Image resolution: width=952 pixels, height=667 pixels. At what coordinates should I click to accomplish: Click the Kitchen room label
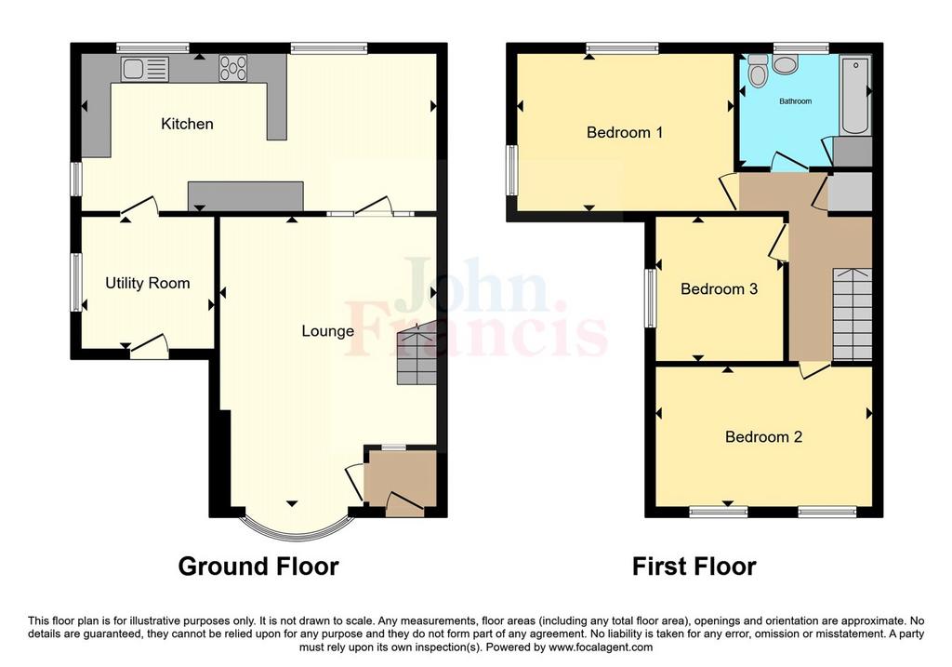click(187, 124)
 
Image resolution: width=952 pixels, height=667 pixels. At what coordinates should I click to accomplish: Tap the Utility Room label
click(148, 283)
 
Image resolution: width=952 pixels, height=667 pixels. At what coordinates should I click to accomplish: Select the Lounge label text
click(328, 331)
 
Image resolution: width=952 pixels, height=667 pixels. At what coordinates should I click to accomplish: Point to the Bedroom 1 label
click(624, 132)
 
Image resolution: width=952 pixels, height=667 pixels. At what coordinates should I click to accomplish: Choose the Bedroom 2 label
click(764, 437)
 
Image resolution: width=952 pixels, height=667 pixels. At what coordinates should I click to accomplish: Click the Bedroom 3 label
click(719, 289)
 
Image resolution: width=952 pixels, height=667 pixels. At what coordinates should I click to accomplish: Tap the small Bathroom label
click(796, 101)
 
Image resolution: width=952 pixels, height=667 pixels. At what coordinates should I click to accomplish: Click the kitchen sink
click(144, 69)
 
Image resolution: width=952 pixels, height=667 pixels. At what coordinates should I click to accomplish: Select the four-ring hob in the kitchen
click(233, 68)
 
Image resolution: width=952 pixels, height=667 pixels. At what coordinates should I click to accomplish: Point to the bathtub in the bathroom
click(855, 96)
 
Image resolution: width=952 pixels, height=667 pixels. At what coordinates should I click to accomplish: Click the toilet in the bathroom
click(758, 71)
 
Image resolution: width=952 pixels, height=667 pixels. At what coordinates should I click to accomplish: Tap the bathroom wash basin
click(787, 64)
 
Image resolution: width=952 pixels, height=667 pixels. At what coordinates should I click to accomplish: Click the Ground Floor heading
click(258, 567)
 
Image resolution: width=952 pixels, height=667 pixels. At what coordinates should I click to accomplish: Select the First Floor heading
click(694, 567)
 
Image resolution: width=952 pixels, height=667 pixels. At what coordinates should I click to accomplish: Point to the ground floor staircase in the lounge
click(417, 353)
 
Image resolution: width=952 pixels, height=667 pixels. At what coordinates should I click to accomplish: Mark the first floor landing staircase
click(852, 314)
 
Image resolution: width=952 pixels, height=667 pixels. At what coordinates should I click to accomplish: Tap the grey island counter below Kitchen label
click(245, 195)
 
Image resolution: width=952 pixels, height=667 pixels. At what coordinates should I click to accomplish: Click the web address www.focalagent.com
click(601, 647)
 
